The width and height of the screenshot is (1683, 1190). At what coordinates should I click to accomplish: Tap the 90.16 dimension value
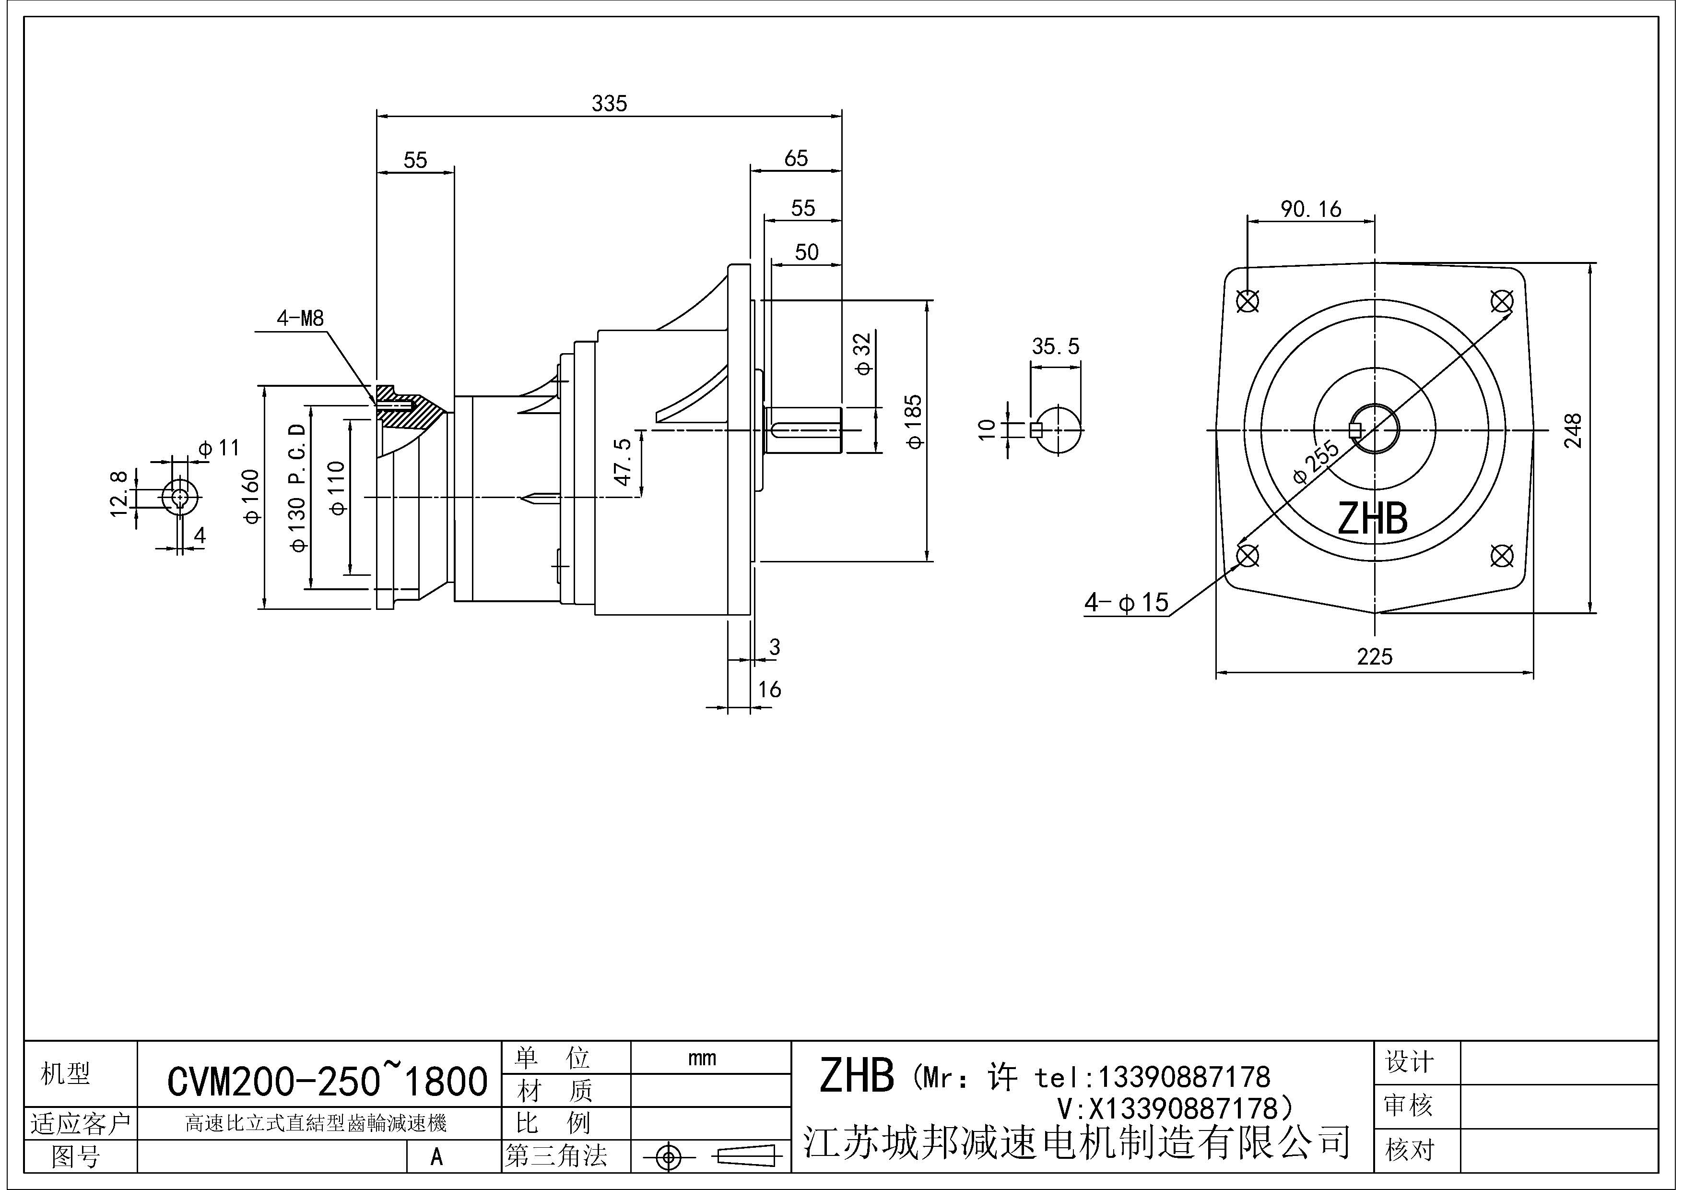(1311, 210)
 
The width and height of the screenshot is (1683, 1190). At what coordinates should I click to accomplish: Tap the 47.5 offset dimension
(623, 462)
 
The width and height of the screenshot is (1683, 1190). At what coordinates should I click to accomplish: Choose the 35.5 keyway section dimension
(1056, 346)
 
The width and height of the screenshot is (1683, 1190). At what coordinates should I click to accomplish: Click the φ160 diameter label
(251, 496)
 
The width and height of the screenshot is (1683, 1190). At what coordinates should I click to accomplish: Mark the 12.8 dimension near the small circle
(119, 493)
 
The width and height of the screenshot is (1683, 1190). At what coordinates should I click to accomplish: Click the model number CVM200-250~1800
(327, 1081)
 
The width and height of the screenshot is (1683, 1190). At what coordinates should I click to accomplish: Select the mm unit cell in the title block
(702, 1058)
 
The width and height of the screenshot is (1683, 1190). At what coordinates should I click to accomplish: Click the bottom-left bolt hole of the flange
(1248, 556)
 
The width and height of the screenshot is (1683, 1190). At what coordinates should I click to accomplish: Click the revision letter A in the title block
(436, 1156)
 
